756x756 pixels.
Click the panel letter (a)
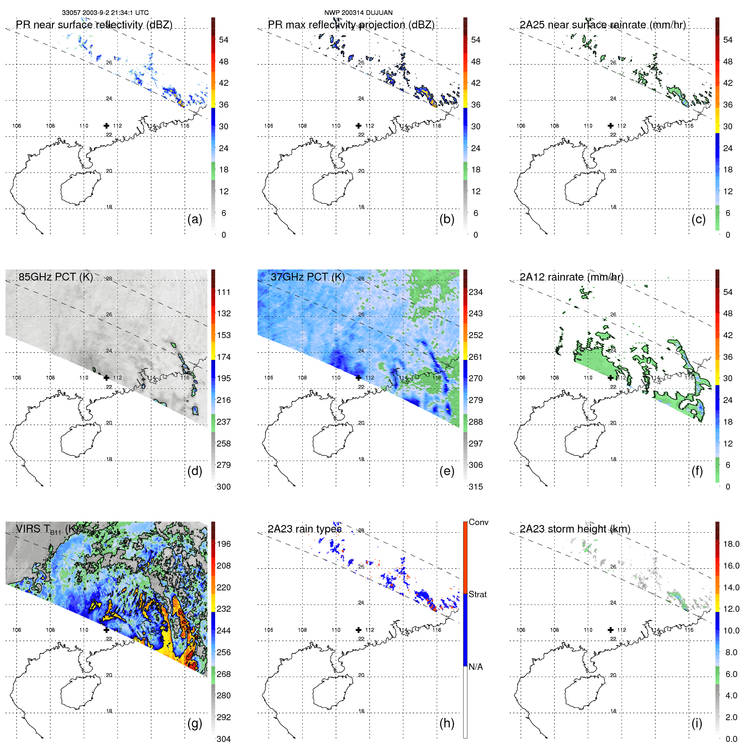click(195, 219)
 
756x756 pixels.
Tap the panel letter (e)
click(447, 471)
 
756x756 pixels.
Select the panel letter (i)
click(697, 724)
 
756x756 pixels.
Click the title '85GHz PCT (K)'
click(55, 277)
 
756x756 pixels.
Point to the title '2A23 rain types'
click(304, 529)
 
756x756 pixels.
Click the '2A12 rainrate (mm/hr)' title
click(571, 277)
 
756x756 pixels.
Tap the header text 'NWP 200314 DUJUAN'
click(358, 13)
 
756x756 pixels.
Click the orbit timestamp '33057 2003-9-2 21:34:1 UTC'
click(105, 13)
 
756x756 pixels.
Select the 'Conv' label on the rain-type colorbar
click(478, 522)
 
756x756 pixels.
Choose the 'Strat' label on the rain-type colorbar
click(477, 594)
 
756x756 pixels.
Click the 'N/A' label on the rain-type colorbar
click(476, 667)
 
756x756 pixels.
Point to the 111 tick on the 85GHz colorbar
click(224, 292)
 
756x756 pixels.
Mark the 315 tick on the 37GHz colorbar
click(476, 487)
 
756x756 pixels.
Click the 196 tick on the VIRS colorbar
click(224, 544)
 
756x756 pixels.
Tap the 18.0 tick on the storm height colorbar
click(731, 544)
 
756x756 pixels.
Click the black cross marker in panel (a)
click(106, 126)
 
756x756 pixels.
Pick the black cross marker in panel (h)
click(359, 630)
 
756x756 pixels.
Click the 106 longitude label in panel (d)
click(17, 378)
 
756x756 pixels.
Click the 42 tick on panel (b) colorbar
click(476, 83)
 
